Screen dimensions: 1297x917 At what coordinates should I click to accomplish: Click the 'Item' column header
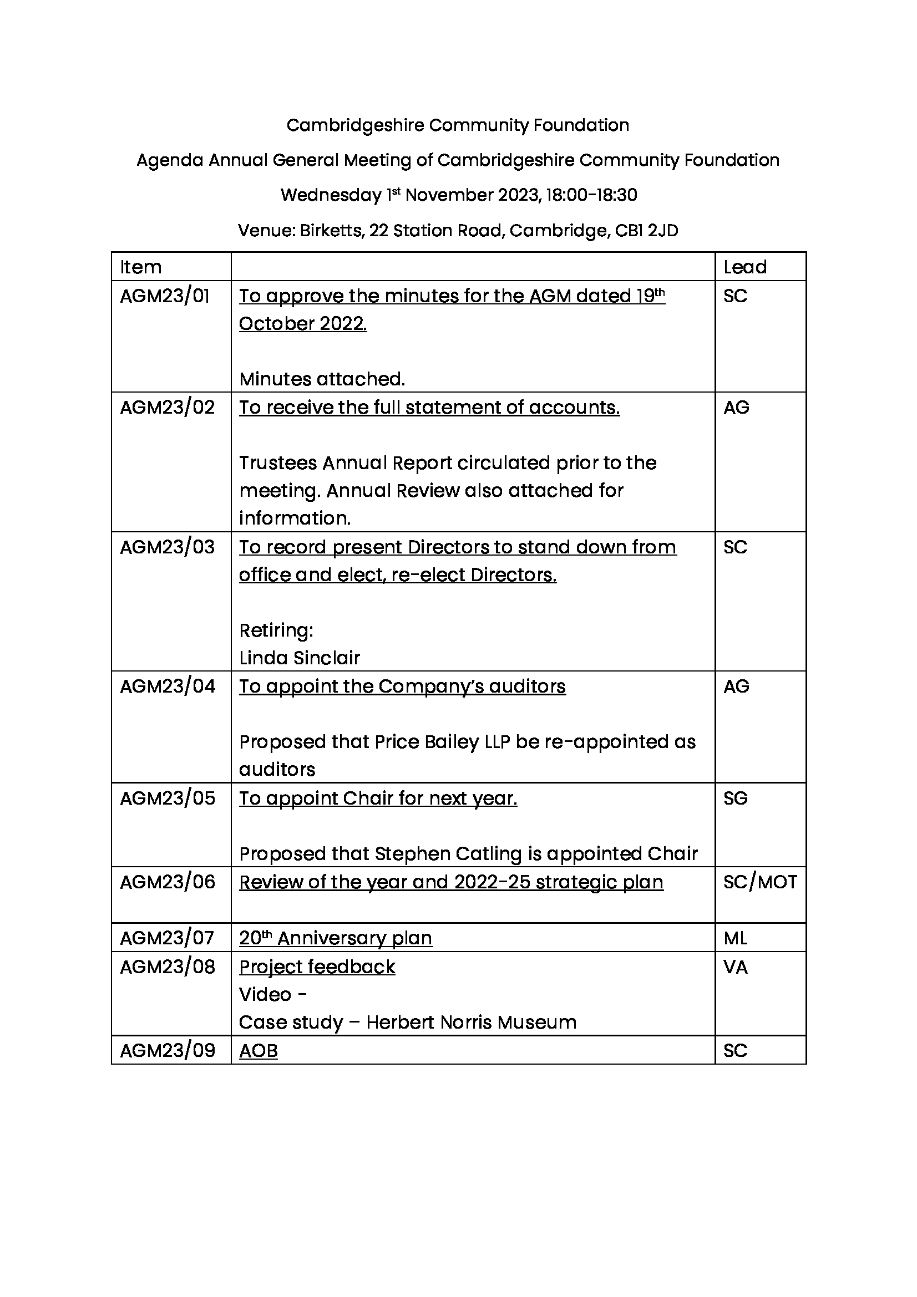(141, 267)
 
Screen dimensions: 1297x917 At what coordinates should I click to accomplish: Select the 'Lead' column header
(744, 267)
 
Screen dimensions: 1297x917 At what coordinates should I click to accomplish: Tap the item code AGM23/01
(164, 296)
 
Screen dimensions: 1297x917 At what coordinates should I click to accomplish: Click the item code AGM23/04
(168, 686)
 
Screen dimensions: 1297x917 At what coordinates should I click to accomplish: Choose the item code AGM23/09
(168, 1050)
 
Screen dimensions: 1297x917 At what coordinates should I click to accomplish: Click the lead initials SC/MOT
(760, 882)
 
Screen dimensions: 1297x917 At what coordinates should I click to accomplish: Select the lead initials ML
(735, 938)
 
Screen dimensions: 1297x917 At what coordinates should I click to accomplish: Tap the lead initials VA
(735, 967)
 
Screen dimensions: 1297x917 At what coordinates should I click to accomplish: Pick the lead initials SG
(735, 798)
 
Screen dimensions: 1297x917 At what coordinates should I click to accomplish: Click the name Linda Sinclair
(300, 658)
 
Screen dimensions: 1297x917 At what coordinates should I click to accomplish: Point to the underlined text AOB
(258, 1051)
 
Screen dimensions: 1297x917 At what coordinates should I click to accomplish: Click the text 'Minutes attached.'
(322, 379)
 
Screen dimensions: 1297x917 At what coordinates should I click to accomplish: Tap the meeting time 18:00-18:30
(591, 195)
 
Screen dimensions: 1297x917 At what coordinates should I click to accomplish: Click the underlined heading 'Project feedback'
(317, 967)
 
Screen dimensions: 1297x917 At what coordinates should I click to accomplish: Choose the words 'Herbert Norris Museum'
(471, 1023)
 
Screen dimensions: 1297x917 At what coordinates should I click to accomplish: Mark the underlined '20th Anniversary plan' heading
(336, 938)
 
